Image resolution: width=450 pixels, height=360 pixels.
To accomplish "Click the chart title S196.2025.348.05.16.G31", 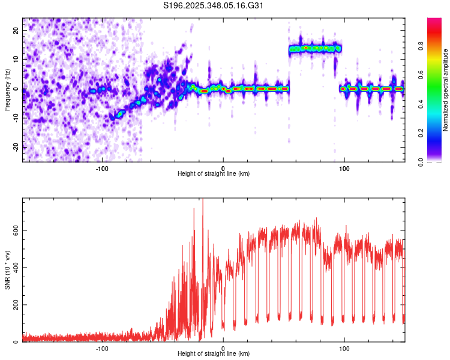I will (214, 5).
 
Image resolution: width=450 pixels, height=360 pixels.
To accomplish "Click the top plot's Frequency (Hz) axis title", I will (7, 89).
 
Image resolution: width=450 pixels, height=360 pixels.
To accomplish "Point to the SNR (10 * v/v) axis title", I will (7, 270).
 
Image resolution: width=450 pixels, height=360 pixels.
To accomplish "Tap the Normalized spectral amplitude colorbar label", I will (446, 89).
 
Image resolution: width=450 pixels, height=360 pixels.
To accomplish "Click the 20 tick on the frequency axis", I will (16, 31).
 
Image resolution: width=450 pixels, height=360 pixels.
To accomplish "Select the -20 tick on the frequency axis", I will (15, 147).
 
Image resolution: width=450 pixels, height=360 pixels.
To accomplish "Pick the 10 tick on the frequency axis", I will (16, 60).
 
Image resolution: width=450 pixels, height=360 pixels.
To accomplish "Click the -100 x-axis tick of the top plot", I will (101, 167).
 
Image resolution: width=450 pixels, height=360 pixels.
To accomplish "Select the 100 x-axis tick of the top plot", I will (344, 167).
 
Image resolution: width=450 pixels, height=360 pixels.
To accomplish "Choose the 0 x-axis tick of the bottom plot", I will (223, 347).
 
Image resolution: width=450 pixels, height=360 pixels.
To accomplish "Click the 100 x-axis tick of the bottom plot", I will (344, 347).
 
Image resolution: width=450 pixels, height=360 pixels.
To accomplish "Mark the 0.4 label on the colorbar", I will (437, 104).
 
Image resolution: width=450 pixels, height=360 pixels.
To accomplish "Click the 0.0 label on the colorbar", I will (437, 161).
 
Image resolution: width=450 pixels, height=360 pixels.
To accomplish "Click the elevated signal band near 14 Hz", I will (315, 48).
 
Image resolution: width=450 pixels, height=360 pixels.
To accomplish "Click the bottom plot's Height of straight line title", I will (214, 354).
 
